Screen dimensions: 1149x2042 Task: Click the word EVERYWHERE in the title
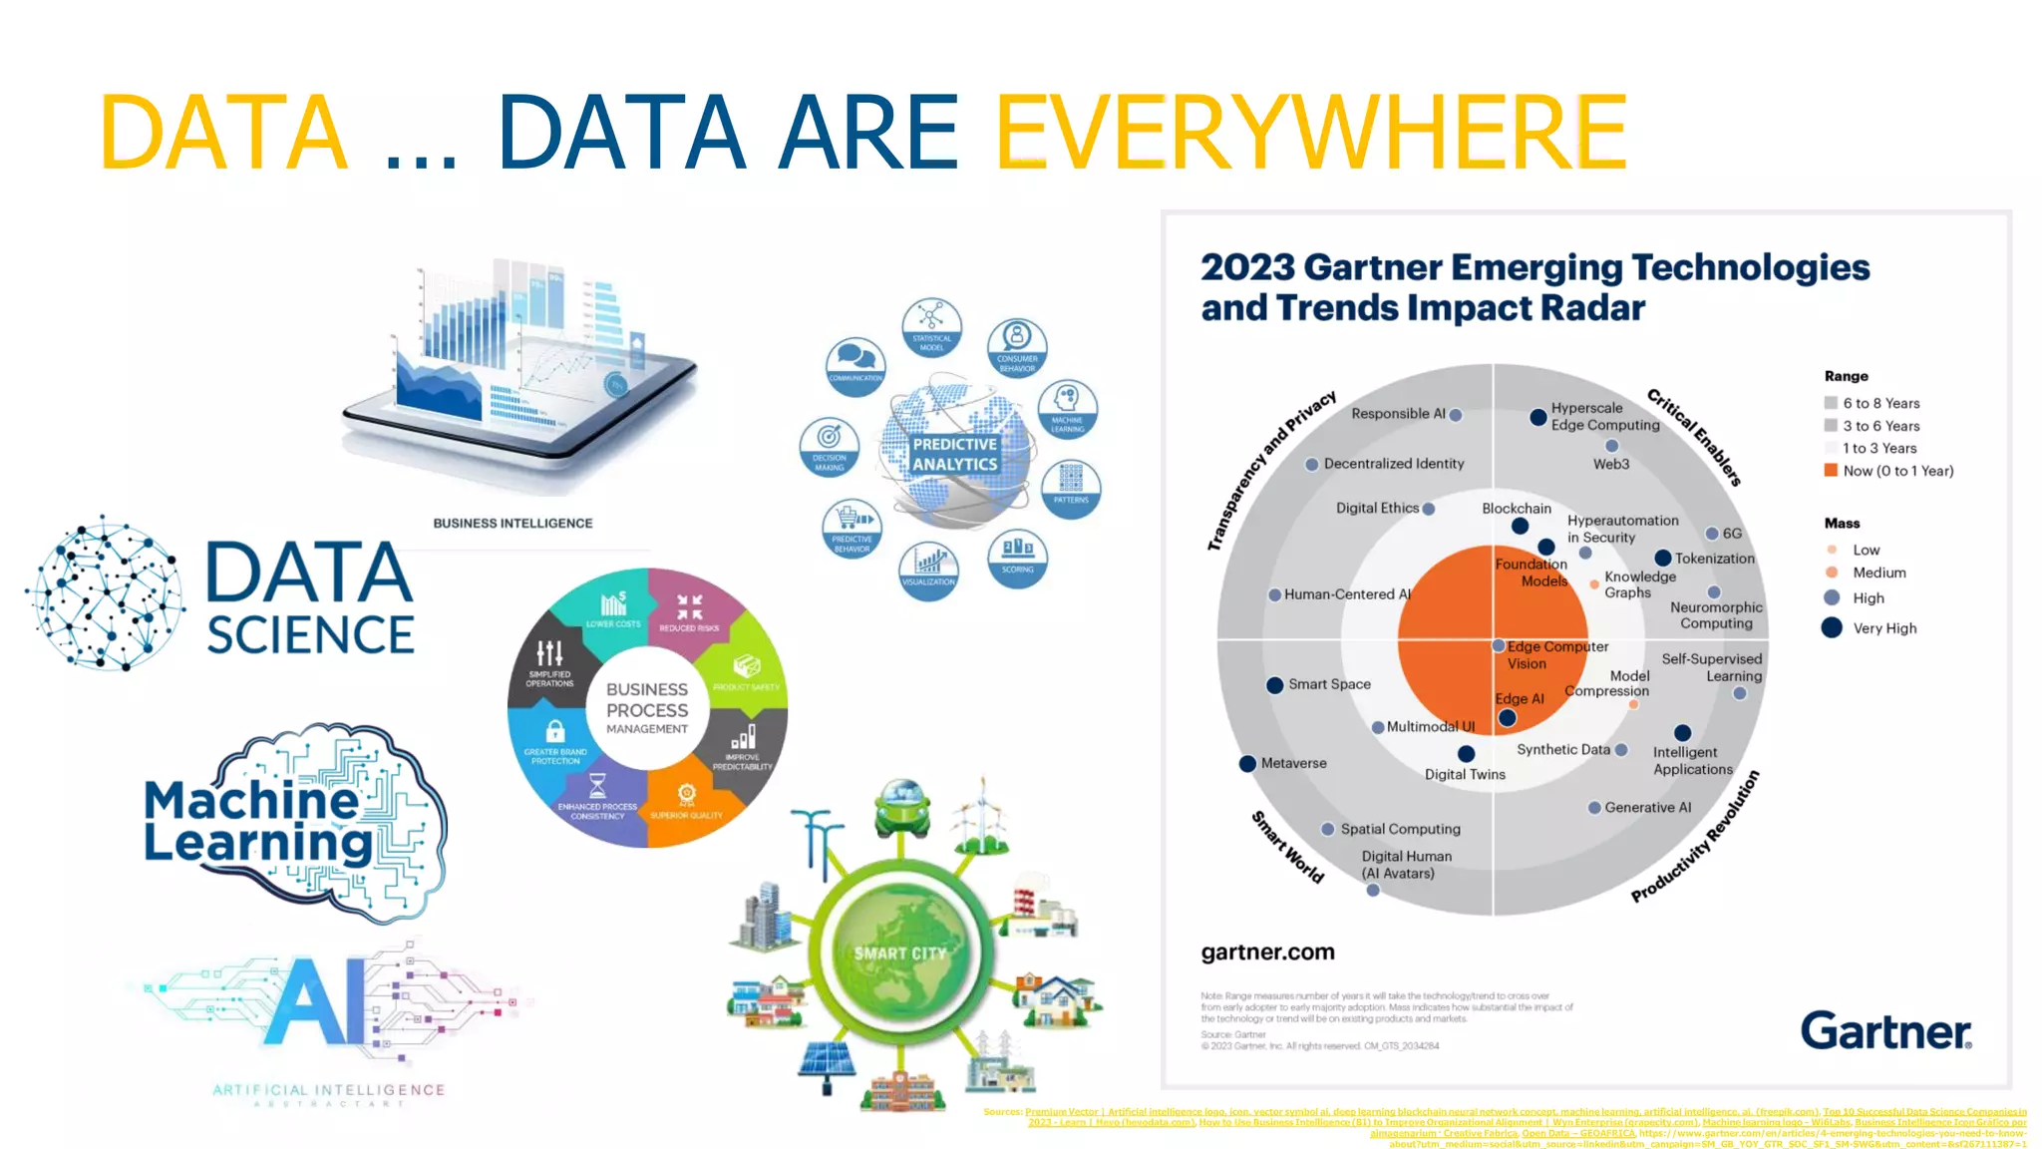click(1311, 133)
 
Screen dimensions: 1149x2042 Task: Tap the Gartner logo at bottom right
click(1885, 1031)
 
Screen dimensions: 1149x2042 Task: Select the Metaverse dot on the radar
click(1247, 764)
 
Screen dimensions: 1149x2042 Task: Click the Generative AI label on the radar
click(1647, 808)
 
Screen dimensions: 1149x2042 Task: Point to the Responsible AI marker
click(1456, 415)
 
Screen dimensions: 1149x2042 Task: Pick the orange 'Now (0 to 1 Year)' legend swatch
click(1831, 471)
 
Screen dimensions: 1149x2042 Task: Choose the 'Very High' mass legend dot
click(1832, 628)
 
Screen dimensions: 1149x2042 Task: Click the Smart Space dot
click(1274, 685)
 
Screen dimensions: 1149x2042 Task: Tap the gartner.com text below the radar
click(1267, 953)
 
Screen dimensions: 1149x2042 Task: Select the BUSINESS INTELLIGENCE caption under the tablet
click(512, 523)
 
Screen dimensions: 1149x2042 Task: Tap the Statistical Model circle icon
click(931, 326)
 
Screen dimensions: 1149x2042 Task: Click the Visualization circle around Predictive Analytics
click(928, 571)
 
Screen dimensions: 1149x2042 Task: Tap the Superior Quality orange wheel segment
click(686, 802)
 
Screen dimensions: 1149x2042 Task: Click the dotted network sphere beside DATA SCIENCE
click(106, 594)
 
